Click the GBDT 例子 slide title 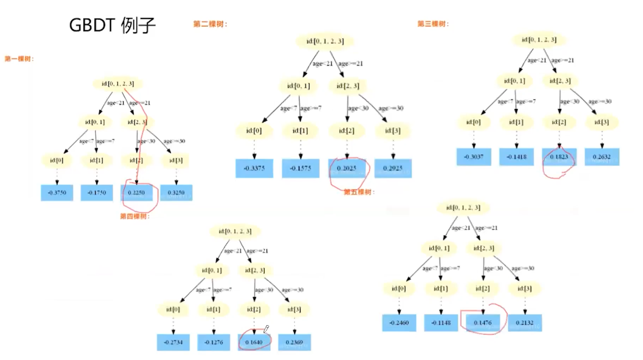point(112,25)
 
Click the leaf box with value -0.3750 point(57,193)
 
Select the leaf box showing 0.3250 point(176,193)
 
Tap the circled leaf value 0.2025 point(347,168)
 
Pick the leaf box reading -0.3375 point(254,168)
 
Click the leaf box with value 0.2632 point(602,157)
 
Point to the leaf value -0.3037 point(474,157)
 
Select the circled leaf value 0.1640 point(254,343)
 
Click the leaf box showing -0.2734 point(173,343)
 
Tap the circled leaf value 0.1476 point(482,323)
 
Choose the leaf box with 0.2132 point(525,323)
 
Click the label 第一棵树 point(19,59)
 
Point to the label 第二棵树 point(210,24)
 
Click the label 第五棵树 point(359,192)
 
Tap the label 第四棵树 point(135,216)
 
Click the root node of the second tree point(325,41)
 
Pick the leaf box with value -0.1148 point(441,323)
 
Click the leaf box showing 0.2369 point(294,343)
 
